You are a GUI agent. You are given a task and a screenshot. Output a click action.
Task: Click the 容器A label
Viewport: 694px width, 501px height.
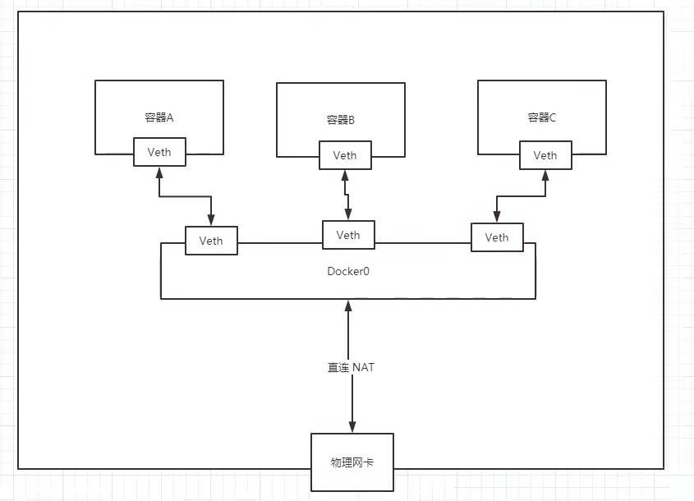point(159,117)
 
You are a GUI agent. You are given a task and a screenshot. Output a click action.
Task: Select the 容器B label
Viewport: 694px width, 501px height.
point(340,121)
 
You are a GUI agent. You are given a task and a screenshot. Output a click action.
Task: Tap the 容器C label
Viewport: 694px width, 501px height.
point(542,117)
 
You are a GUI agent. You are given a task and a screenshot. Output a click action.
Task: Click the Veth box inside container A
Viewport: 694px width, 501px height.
point(159,152)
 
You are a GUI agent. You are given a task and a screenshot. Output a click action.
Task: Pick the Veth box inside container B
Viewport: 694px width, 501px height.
point(345,155)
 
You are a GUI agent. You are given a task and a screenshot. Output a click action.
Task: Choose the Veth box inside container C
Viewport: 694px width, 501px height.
point(545,155)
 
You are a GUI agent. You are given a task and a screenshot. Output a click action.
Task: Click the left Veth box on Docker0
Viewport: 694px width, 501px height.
point(211,241)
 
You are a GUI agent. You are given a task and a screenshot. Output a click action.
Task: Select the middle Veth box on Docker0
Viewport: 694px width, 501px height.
point(348,235)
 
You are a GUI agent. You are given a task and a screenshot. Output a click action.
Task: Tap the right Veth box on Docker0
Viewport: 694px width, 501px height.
point(497,237)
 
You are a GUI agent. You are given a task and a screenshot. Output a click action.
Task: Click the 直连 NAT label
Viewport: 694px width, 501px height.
point(351,367)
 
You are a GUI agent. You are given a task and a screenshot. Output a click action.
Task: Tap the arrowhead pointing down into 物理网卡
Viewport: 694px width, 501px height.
point(352,426)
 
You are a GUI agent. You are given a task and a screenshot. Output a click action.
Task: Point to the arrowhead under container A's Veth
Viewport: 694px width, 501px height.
point(159,172)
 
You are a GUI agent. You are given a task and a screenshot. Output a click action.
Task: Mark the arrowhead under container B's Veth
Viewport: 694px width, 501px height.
point(345,175)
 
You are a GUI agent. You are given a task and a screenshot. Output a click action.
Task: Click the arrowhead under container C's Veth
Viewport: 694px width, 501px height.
point(545,175)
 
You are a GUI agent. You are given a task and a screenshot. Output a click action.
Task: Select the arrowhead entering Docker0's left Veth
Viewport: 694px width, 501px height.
point(211,221)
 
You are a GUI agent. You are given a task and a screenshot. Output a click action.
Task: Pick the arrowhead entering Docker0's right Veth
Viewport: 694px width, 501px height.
point(496,218)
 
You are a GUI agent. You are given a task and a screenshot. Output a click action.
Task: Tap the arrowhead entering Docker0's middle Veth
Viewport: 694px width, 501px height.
point(348,216)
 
